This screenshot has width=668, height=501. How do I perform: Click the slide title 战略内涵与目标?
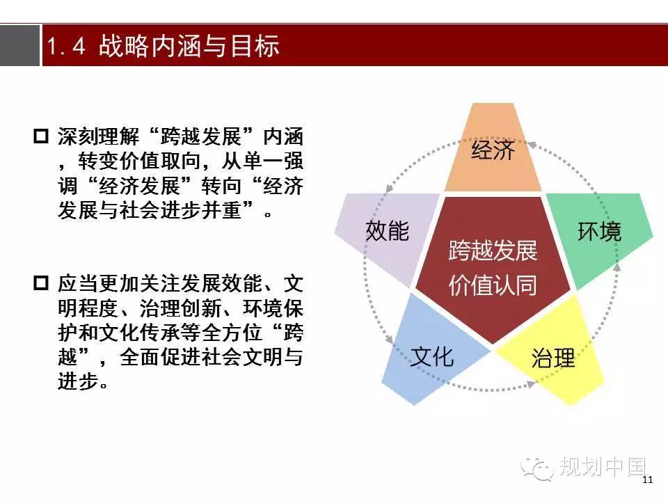(189, 46)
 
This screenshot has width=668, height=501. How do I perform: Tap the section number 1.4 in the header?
(65, 46)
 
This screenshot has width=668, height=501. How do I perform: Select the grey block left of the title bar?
(19, 45)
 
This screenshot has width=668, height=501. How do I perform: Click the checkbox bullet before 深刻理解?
(41, 136)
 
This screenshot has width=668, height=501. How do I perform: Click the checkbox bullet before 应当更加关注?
(41, 283)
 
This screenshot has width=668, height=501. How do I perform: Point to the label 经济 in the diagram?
(493, 150)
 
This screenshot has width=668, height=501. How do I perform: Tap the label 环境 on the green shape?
(599, 232)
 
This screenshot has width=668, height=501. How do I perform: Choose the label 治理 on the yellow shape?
(553, 358)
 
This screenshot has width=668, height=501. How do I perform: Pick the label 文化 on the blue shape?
(431, 356)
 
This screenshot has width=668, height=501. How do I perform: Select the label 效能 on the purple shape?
(388, 230)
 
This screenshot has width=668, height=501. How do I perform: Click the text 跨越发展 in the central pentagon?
(493, 250)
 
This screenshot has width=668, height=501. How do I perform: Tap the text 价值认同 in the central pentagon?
(493, 285)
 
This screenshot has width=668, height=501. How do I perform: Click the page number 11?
(648, 479)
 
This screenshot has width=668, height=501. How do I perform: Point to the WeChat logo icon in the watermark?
(536, 468)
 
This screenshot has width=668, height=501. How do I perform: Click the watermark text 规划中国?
(603, 467)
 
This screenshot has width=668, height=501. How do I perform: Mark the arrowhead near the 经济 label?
(531, 145)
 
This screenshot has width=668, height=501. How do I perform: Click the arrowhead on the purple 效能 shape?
(388, 189)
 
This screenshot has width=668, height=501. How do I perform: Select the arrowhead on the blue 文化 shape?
(390, 340)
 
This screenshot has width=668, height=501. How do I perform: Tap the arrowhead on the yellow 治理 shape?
(531, 384)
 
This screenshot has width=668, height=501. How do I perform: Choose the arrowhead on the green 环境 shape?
(617, 267)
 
